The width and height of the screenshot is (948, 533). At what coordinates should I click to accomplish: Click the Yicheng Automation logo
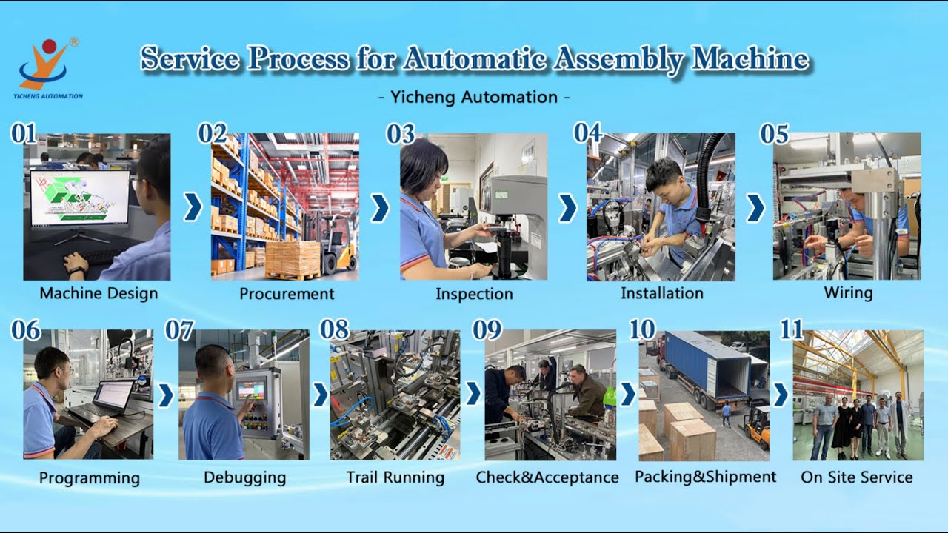click(49, 67)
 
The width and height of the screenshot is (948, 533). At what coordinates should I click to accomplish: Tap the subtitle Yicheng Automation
click(474, 97)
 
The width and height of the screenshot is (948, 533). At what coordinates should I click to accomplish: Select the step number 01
click(23, 134)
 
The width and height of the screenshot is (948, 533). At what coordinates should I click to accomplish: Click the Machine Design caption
click(99, 293)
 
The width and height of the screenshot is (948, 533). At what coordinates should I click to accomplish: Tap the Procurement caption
click(287, 294)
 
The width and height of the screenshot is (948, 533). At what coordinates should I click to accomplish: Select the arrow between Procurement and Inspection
click(379, 208)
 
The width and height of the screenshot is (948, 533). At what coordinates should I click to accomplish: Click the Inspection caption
click(474, 294)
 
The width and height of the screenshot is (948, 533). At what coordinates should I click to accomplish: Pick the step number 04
click(587, 133)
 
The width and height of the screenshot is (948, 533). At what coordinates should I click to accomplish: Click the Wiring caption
click(848, 292)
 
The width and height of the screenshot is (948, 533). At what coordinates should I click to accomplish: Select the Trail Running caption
click(395, 477)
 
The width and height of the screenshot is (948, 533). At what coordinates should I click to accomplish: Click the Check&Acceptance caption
click(547, 477)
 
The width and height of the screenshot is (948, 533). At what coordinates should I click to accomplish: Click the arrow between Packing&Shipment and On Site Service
click(780, 395)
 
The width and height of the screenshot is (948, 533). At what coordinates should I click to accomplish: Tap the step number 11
click(791, 329)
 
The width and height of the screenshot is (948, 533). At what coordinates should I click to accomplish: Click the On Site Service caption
click(856, 477)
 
